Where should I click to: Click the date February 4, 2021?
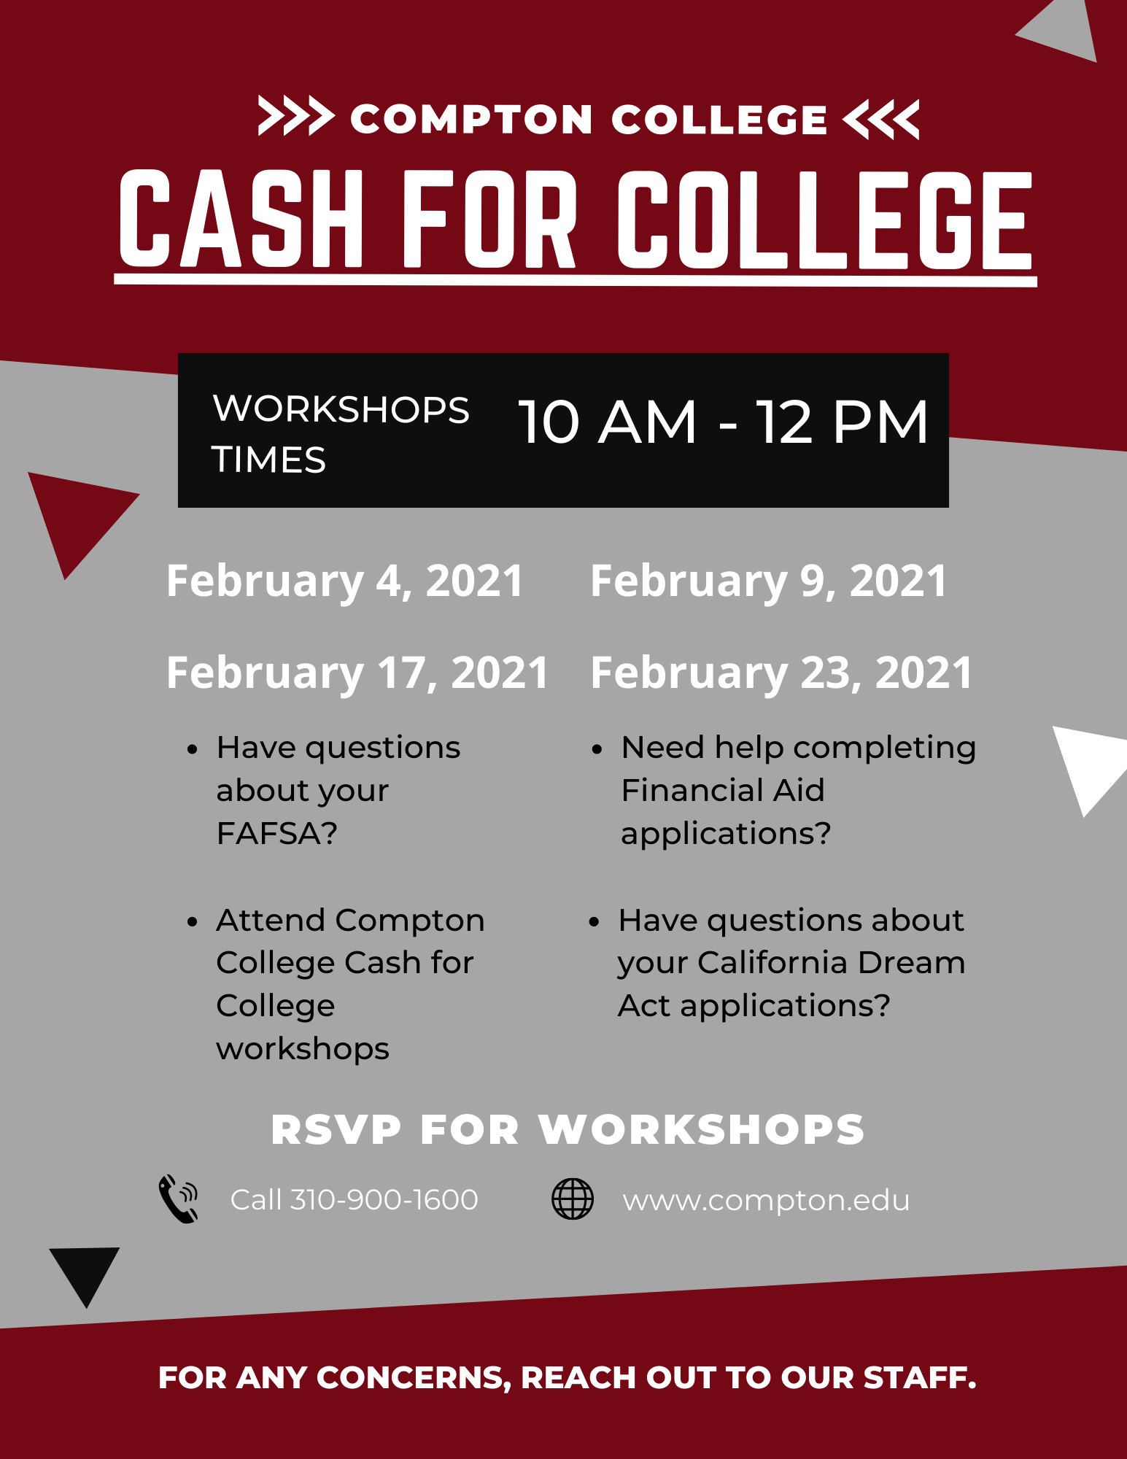(345, 581)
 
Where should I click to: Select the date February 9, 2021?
(769, 581)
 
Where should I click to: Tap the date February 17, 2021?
(357, 673)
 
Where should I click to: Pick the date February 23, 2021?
(781, 673)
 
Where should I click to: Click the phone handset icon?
(178, 1199)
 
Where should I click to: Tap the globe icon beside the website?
(573, 1199)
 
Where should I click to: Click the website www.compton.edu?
(766, 1201)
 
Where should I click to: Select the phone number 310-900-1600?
(384, 1199)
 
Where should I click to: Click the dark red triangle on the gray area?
(77, 517)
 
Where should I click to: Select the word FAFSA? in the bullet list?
(277, 833)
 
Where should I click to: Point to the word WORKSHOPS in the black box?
(341, 409)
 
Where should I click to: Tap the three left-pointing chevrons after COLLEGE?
(881, 119)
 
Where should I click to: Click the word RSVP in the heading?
(336, 1130)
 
